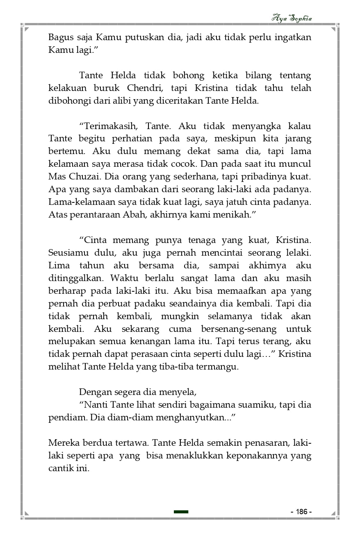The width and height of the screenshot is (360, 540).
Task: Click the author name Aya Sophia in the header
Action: coord(292,18)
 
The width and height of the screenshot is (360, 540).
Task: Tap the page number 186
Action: coord(301,512)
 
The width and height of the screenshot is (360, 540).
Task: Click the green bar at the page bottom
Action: coord(181,512)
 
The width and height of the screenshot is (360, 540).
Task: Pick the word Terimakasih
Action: coord(109,126)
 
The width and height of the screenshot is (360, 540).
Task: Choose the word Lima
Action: coord(58,265)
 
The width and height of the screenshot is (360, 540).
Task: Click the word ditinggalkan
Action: coord(75,278)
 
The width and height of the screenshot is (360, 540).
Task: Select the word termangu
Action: coord(218,367)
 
